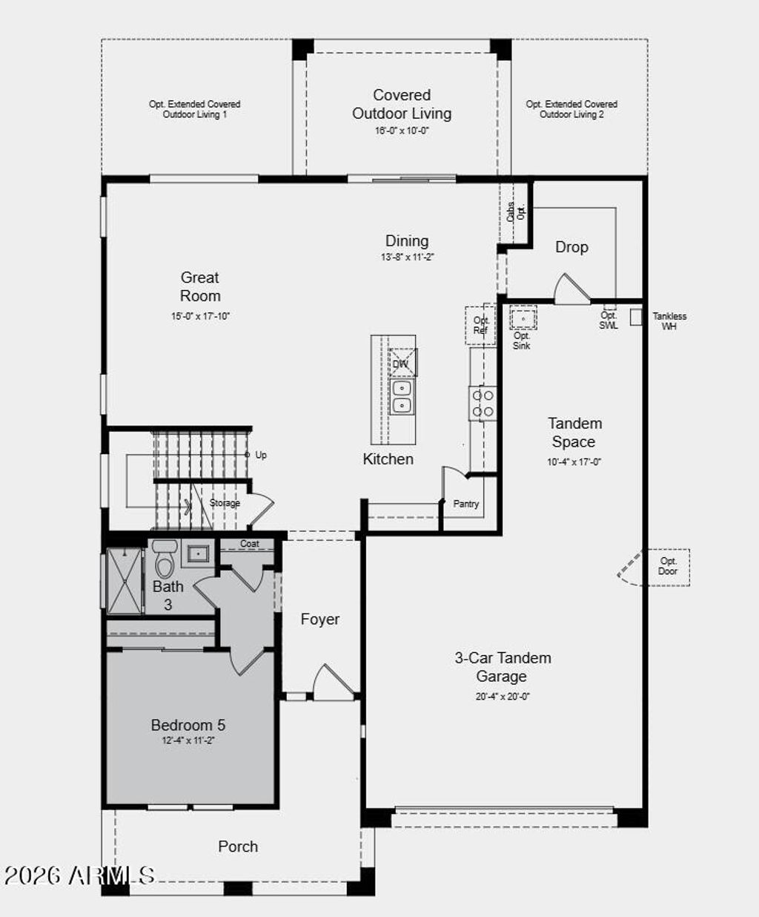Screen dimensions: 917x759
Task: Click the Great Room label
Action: tap(200, 286)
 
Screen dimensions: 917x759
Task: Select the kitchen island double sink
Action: tap(402, 396)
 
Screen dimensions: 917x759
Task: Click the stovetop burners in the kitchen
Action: tap(483, 404)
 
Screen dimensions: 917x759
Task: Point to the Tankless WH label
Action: tap(669, 321)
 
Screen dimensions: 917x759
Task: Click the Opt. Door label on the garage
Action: tap(668, 566)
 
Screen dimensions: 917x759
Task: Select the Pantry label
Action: tap(466, 504)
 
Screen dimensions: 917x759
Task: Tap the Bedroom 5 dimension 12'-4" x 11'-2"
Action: tap(188, 740)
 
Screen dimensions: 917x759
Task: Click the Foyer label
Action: tap(320, 619)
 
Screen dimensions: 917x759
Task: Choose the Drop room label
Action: tap(571, 247)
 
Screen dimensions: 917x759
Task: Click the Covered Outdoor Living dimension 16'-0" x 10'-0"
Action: tap(402, 131)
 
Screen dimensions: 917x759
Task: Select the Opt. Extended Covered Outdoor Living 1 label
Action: tap(195, 109)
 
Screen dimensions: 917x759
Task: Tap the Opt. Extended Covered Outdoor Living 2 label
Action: tap(571, 109)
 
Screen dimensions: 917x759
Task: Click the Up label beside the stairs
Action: tap(261, 455)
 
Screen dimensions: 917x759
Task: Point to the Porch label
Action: tap(238, 847)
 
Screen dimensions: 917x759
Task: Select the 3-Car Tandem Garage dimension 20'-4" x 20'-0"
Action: tap(503, 697)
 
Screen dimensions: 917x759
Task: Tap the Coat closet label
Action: tap(250, 544)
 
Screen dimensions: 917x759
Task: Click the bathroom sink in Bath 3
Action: tap(197, 553)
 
